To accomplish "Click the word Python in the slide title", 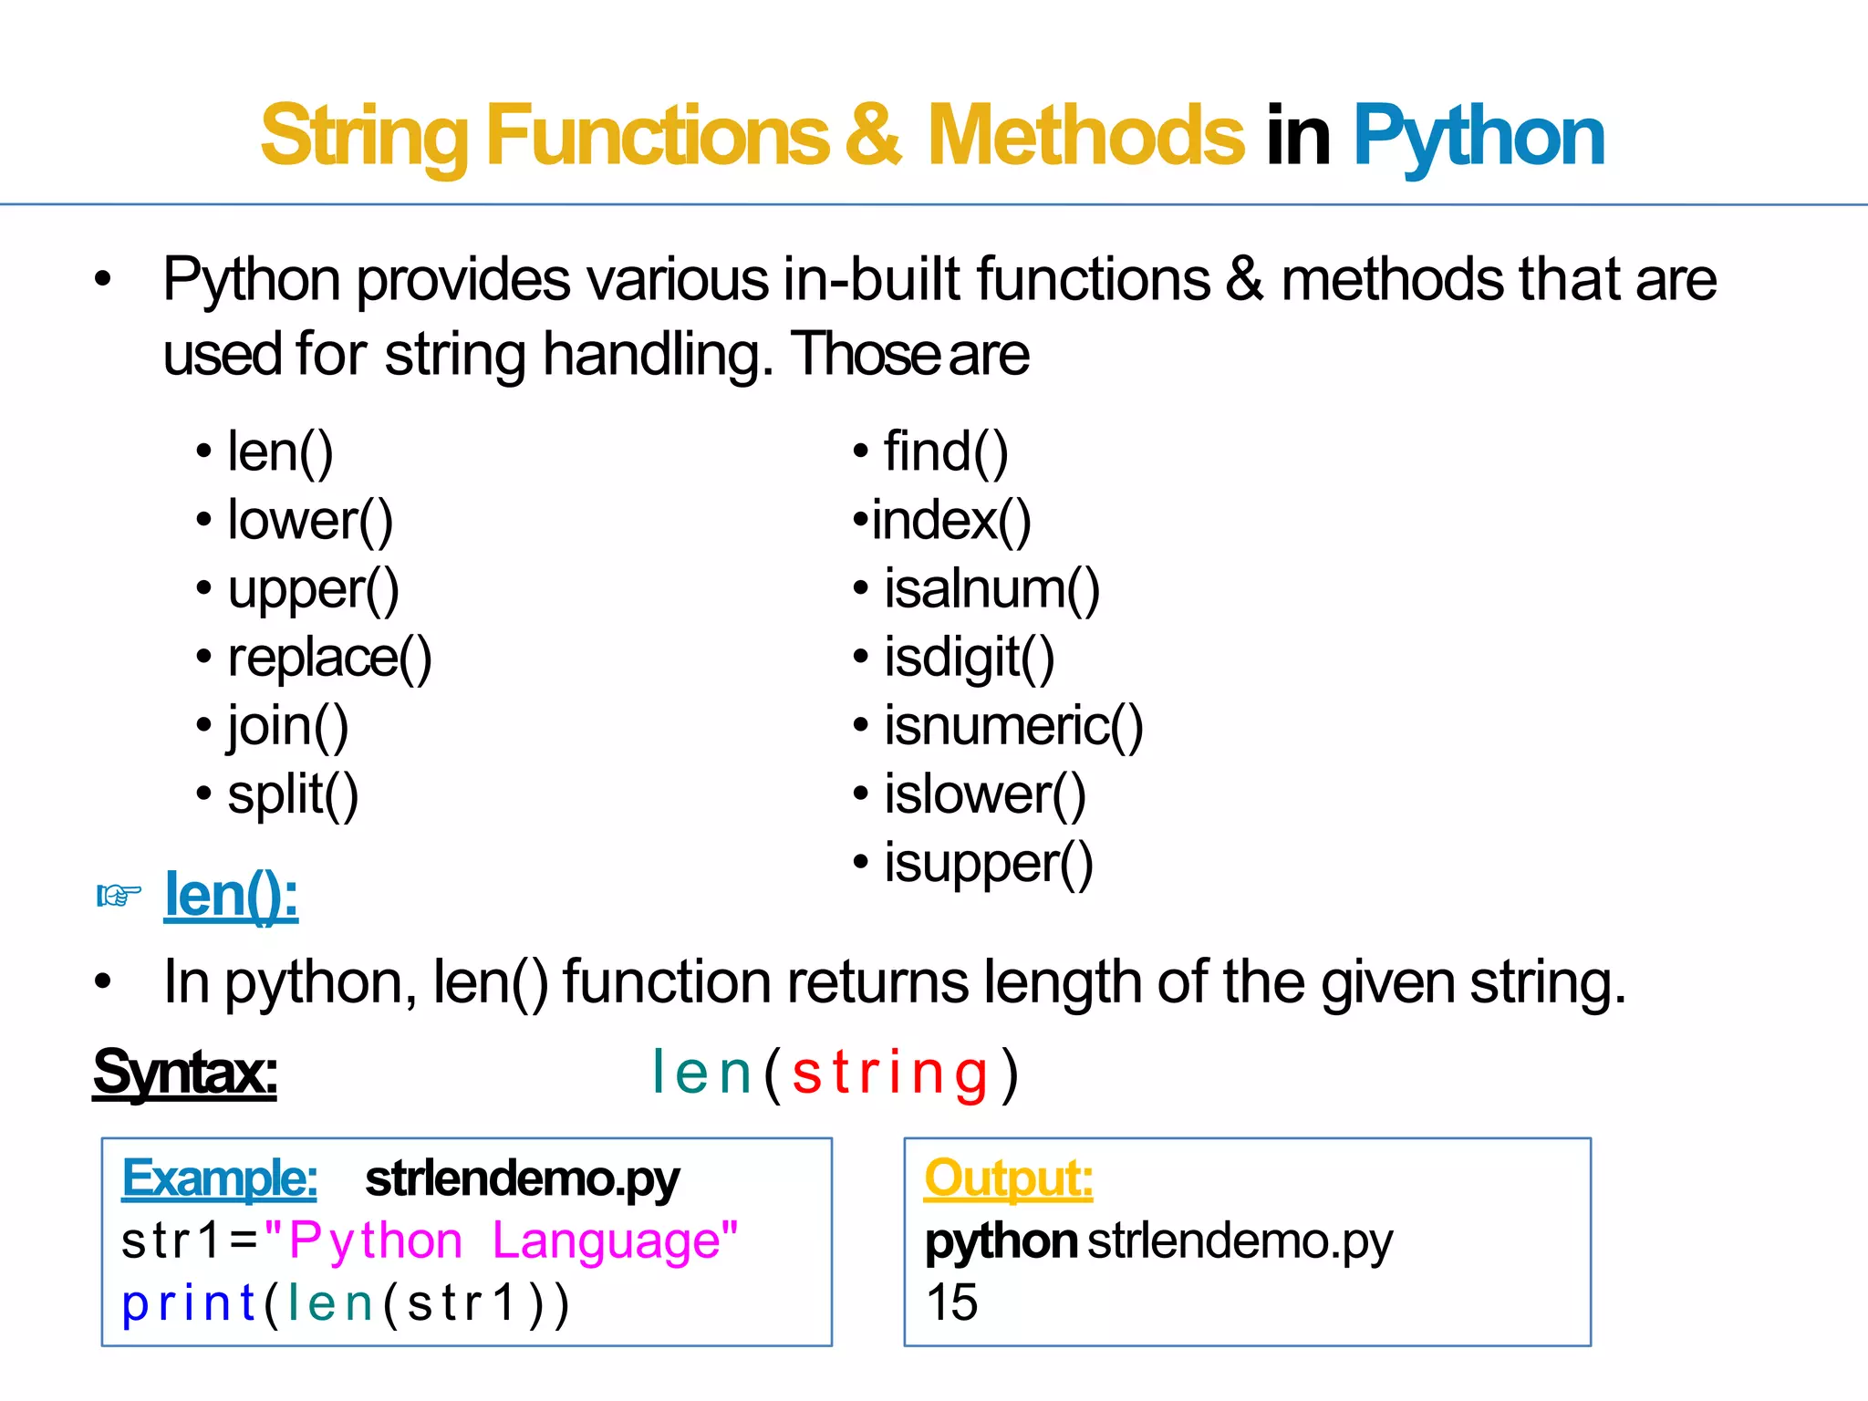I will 1478,137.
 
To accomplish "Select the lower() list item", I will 310,521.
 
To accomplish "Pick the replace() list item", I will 329,658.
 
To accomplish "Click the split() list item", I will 293,794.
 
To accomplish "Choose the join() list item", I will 288,726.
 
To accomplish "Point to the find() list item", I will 946,452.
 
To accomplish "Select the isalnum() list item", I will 991,589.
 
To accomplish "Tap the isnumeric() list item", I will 1013,726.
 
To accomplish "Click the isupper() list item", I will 989,864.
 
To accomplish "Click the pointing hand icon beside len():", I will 119,896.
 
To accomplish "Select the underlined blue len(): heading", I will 231,896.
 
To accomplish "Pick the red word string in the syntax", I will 890,1073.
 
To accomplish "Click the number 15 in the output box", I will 951,1302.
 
